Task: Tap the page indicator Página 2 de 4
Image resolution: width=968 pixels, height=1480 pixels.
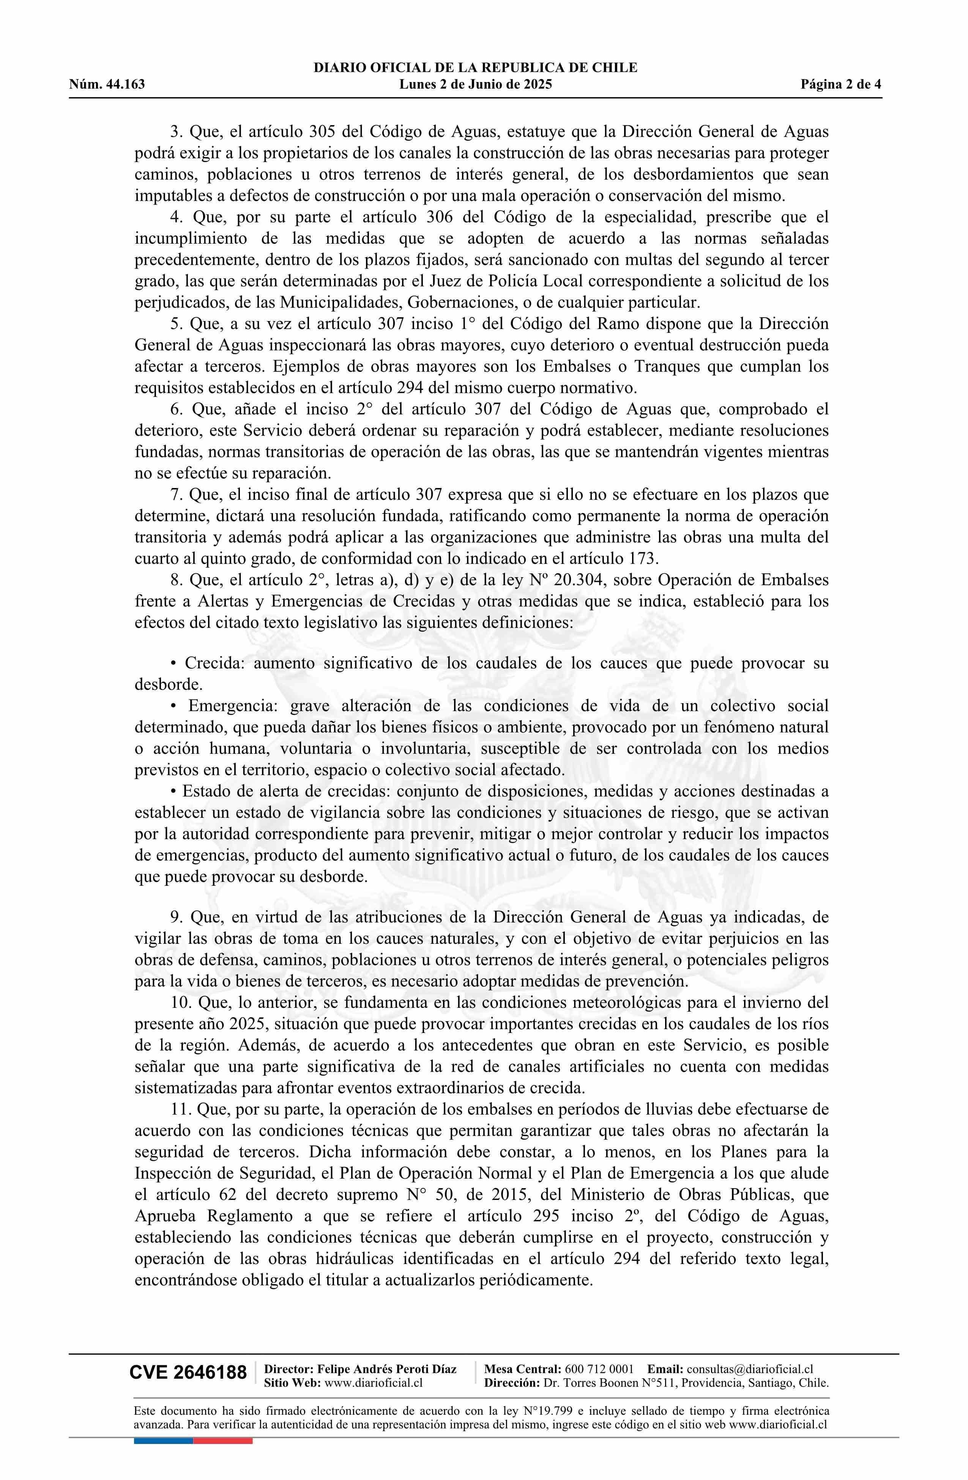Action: coord(841,85)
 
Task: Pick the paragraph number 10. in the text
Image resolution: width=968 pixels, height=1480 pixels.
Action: coord(180,1003)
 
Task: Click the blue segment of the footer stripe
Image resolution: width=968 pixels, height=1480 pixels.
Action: coord(163,1441)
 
